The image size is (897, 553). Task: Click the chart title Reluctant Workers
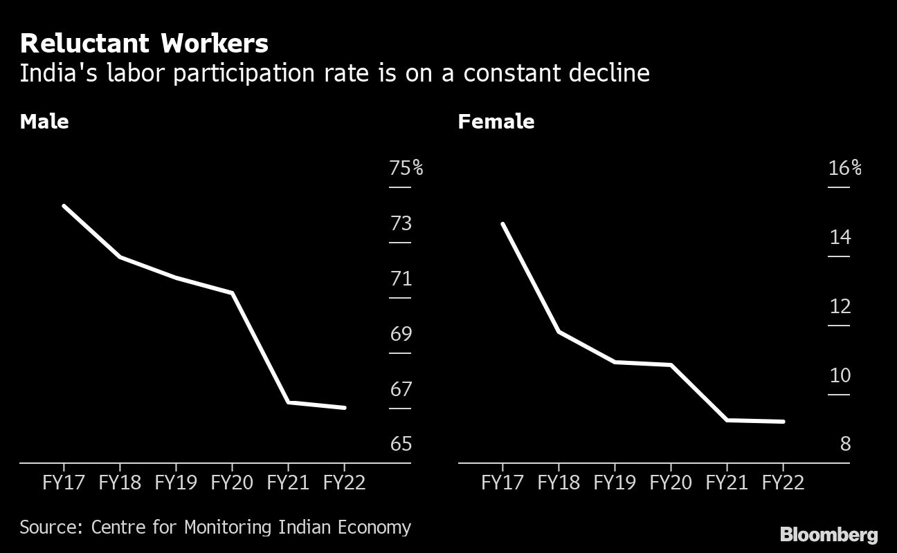click(x=144, y=44)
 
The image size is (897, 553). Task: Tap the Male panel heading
click(x=44, y=122)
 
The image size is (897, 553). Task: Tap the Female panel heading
click(x=496, y=122)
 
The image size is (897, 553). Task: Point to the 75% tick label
click(x=406, y=168)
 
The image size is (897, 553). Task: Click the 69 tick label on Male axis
click(x=401, y=334)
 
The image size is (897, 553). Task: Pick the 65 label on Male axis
click(x=401, y=444)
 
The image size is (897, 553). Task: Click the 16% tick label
click(x=844, y=168)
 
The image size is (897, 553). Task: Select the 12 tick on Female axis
click(x=840, y=306)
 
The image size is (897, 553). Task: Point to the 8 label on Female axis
click(x=844, y=444)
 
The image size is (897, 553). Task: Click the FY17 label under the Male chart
click(x=64, y=482)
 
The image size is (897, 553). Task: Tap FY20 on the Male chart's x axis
click(x=232, y=482)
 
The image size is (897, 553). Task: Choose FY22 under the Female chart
click(x=783, y=482)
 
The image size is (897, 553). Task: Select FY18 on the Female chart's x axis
click(x=559, y=482)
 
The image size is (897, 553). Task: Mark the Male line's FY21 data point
click(x=288, y=402)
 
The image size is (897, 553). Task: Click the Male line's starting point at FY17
click(x=64, y=205)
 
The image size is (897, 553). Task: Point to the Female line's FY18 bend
click(x=559, y=332)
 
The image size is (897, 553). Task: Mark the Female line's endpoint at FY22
click(x=783, y=421)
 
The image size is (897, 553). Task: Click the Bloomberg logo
click(x=828, y=534)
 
